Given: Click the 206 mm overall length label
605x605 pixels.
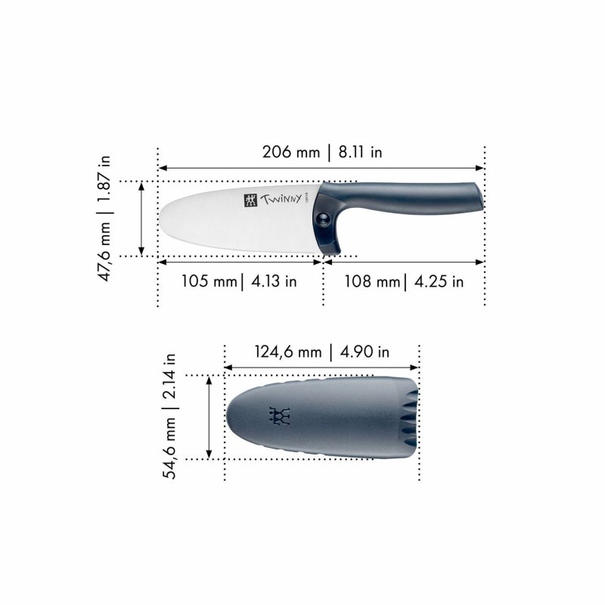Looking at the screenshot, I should (x=290, y=152).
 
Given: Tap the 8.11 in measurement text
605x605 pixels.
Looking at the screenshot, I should (x=360, y=152).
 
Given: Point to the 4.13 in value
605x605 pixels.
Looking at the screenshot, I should (x=271, y=282).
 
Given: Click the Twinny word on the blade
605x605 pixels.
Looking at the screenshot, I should (x=281, y=200).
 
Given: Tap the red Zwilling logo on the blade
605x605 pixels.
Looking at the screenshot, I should (x=250, y=200).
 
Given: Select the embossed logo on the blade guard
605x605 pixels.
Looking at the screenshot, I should (x=281, y=416).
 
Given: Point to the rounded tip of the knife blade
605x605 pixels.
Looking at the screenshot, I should (x=162, y=219).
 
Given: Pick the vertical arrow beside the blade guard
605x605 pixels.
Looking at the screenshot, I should (x=209, y=417).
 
